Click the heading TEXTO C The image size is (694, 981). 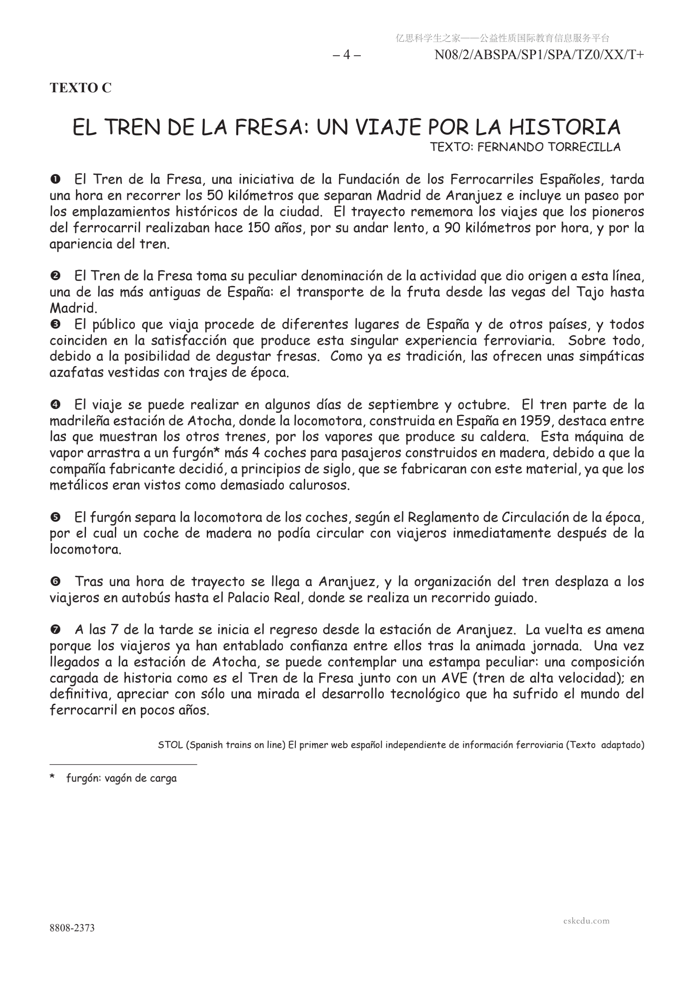point(80,88)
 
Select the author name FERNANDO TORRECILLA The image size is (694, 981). point(548,147)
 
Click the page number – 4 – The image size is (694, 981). point(346,55)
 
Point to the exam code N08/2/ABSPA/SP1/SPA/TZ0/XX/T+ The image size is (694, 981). point(539,55)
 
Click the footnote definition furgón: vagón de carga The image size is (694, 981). point(121,778)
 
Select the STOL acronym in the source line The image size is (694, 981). point(169,745)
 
